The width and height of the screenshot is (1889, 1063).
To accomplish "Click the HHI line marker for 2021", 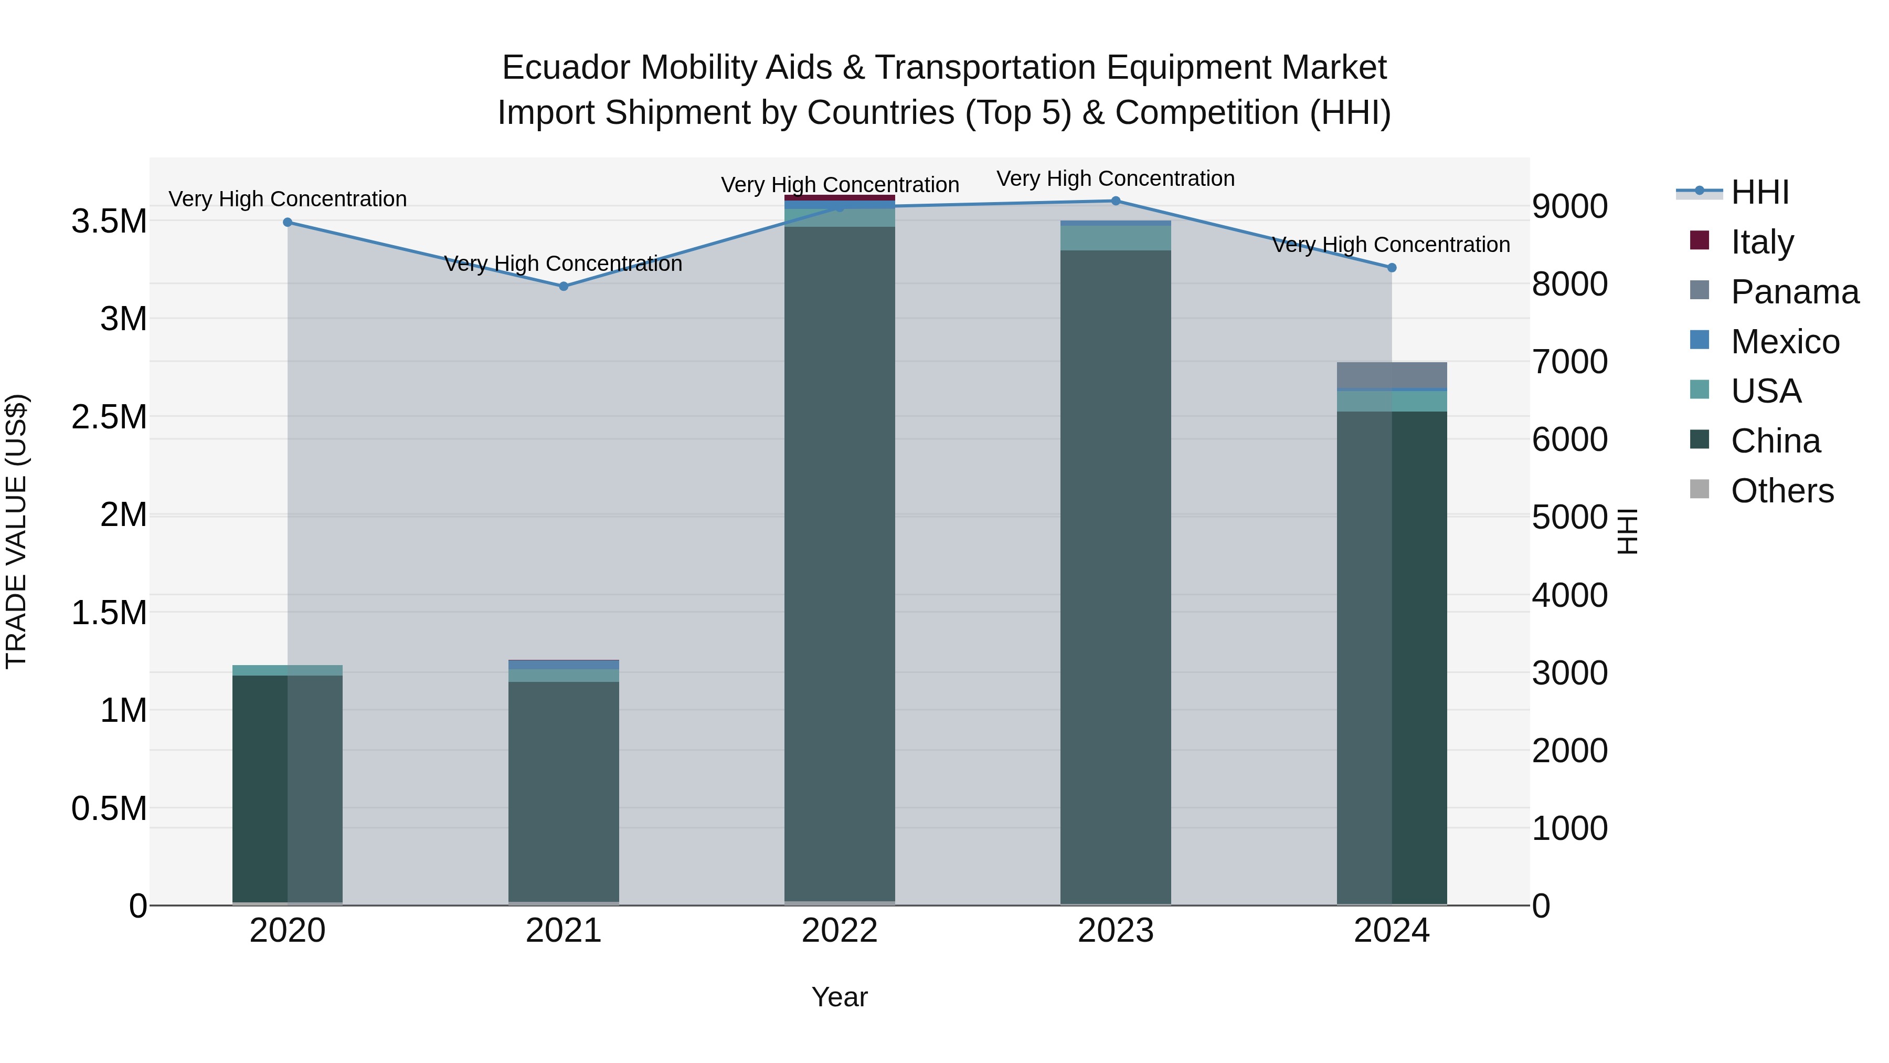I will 563,286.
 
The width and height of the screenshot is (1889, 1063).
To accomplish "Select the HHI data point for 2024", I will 1392,268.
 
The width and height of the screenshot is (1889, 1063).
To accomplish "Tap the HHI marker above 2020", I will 288,222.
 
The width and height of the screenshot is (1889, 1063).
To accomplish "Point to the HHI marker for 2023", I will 1116,201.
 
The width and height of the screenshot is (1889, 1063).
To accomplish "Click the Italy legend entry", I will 1761,242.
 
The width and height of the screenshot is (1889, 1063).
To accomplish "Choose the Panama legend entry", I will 1794,292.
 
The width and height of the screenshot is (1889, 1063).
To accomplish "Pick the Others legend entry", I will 1781,491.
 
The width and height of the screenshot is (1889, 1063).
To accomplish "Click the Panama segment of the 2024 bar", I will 1392,374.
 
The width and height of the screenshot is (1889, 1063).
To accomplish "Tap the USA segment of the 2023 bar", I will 1116,238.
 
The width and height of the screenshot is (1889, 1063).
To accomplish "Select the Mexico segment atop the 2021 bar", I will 563,664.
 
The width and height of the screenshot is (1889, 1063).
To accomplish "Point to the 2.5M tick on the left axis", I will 109,417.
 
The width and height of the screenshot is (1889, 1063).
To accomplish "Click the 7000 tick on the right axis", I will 1569,362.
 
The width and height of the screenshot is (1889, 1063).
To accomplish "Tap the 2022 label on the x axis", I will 840,931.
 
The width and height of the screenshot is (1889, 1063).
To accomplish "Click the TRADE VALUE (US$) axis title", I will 16,531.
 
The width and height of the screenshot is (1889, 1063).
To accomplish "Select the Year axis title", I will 840,997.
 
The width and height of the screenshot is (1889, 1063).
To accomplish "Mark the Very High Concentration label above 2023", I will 1116,178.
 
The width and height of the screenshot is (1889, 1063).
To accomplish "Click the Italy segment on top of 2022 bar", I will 840,197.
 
